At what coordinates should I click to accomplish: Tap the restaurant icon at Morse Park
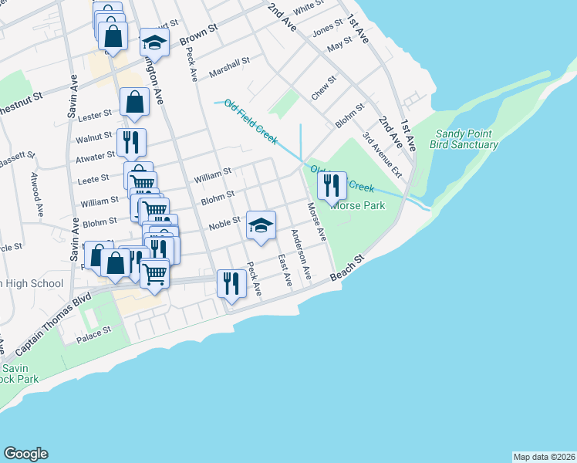pos(332,186)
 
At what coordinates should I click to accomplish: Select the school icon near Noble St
pos(261,225)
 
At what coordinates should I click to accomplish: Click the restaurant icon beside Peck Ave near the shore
pos(231,283)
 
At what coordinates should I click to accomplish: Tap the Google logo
pos(25,454)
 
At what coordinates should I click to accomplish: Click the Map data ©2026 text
pos(544,456)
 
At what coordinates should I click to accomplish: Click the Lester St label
pos(96,115)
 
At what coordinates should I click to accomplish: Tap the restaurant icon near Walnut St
pos(130,142)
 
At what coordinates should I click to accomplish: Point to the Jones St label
pos(327,29)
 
